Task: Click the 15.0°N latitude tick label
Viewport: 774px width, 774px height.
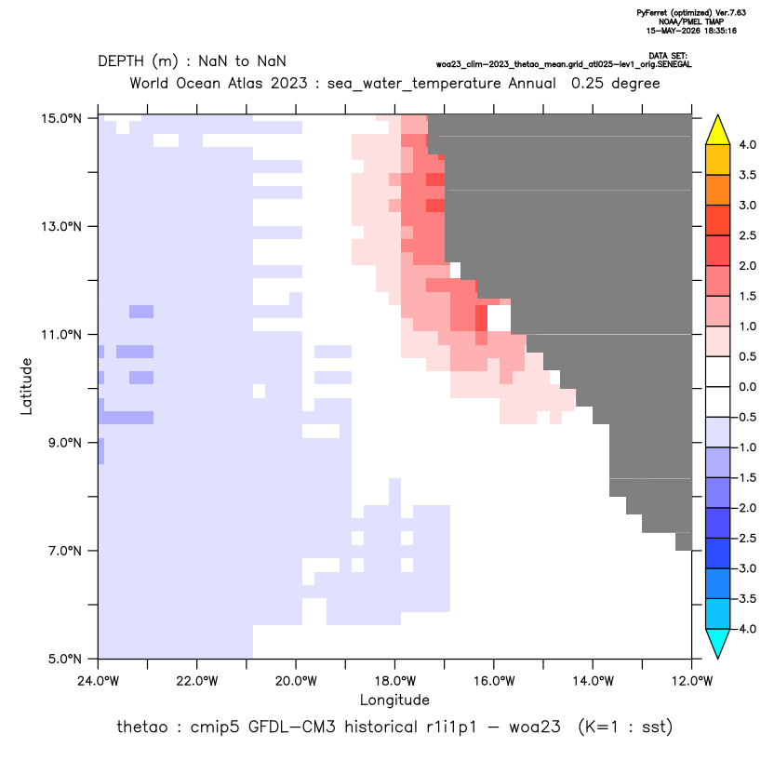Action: [x=61, y=118]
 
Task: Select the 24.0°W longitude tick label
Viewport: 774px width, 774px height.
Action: [x=99, y=681]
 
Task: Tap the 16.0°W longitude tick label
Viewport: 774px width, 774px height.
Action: [x=494, y=681]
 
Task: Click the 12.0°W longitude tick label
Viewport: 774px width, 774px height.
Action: [x=692, y=681]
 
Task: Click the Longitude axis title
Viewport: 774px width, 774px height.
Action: [x=394, y=700]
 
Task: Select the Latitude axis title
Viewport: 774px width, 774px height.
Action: [x=26, y=386]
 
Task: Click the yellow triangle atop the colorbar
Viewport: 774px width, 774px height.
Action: [x=718, y=130]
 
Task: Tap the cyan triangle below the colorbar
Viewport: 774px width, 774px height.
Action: [x=718, y=644]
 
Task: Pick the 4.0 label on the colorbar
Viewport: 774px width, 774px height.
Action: [x=747, y=144]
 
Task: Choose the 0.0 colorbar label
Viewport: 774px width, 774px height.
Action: [x=747, y=387]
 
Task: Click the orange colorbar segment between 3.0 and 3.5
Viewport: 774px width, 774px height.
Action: [x=718, y=190]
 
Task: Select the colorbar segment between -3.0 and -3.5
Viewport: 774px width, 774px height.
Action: [x=718, y=583]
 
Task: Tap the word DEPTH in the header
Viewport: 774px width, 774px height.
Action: [x=121, y=61]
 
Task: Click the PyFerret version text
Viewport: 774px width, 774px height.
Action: [x=691, y=13]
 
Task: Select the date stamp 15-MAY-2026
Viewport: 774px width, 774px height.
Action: [x=674, y=31]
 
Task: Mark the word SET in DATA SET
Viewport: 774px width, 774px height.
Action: [x=679, y=56]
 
